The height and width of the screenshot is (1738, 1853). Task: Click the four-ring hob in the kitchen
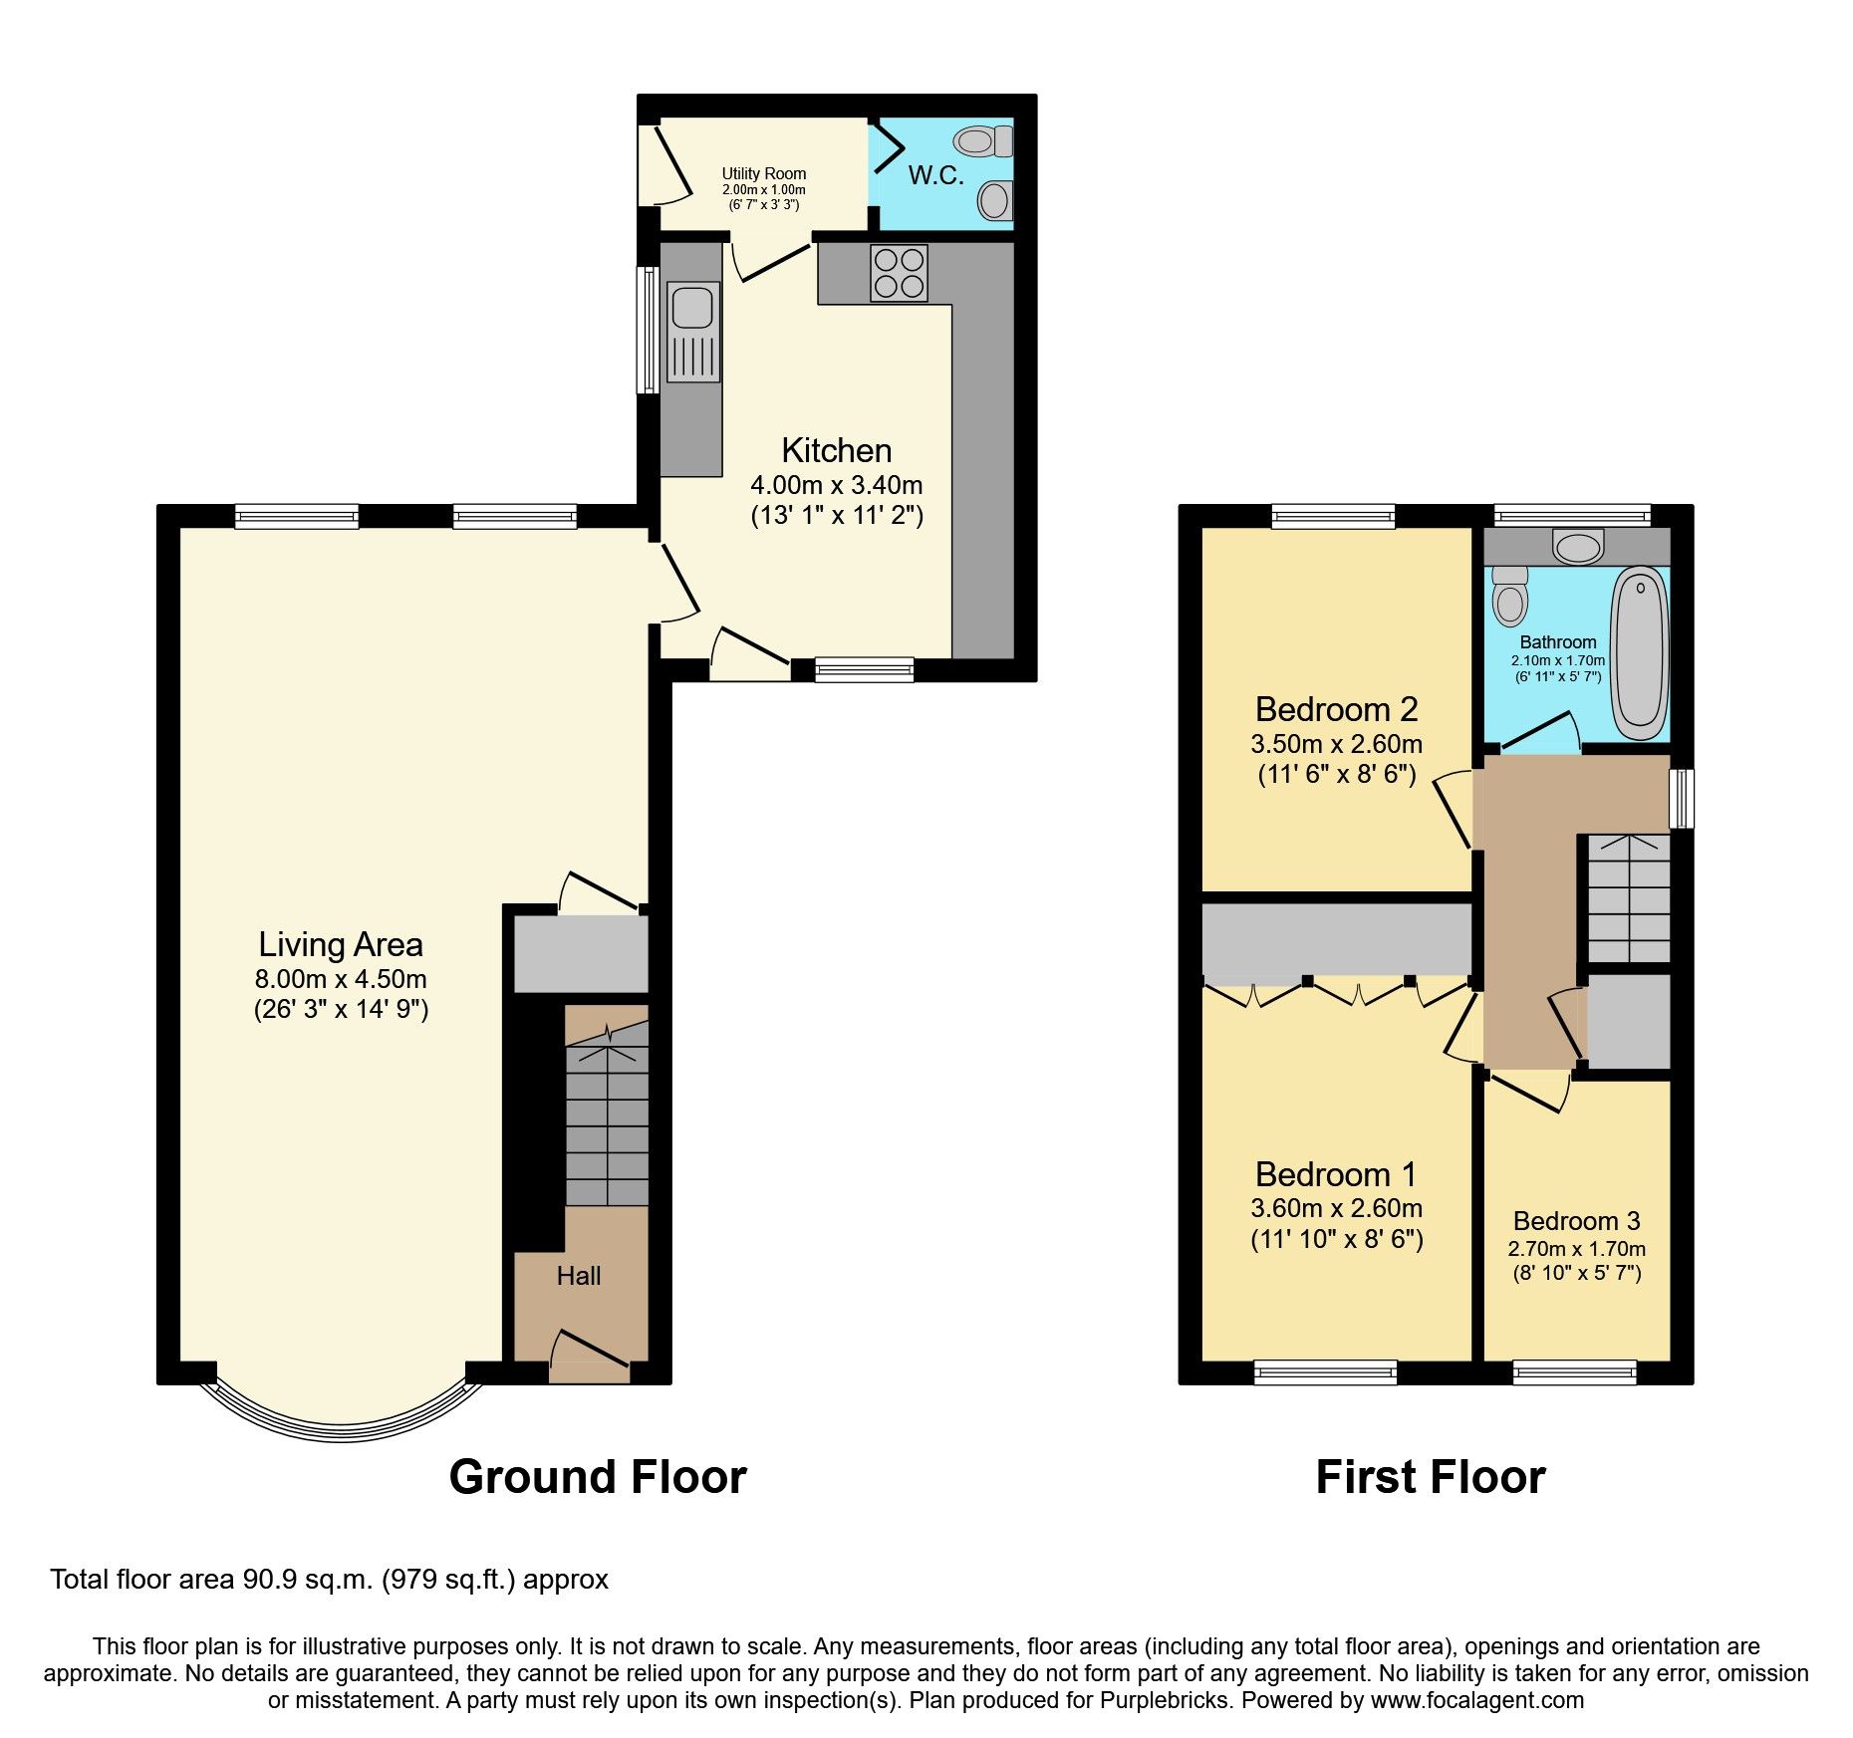pyautogui.click(x=899, y=273)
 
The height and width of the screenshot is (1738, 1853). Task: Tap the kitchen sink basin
pyautogui.click(x=692, y=308)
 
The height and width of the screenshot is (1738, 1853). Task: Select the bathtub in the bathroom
pyautogui.click(x=1640, y=652)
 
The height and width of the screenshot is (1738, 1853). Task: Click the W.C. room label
pyautogui.click(x=935, y=176)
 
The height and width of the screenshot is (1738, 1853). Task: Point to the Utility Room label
pyautogui.click(x=763, y=173)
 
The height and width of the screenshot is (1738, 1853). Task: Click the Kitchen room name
pyautogui.click(x=836, y=451)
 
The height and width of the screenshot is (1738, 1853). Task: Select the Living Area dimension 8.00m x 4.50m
pyautogui.click(x=341, y=979)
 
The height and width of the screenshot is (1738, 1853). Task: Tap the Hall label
pyautogui.click(x=578, y=1276)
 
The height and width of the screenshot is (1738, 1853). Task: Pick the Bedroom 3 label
pyautogui.click(x=1576, y=1221)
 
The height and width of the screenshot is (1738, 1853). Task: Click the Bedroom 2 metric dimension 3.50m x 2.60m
pyautogui.click(x=1336, y=744)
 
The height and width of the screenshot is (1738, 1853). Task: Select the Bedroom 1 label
pyautogui.click(x=1335, y=1174)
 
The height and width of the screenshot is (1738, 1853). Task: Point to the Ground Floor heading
pyautogui.click(x=598, y=1477)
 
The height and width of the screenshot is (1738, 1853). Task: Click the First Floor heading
pyautogui.click(x=1430, y=1477)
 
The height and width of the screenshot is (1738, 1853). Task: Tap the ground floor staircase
pyautogui.click(x=607, y=1116)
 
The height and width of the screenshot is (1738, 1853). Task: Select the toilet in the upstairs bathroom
pyautogui.click(x=1510, y=597)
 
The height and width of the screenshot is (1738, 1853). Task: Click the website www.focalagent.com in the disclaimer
pyautogui.click(x=1476, y=1700)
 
